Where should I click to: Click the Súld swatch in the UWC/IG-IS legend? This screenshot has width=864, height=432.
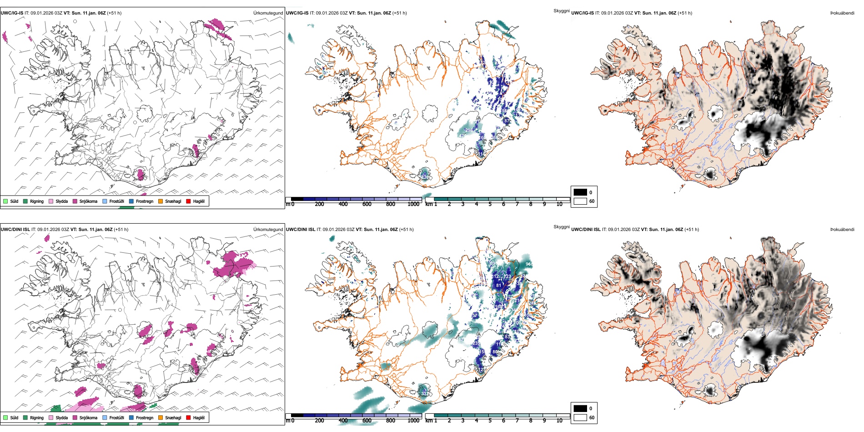(x=5, y=201)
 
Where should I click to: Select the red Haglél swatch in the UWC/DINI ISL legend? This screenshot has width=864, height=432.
(x=188, y=417)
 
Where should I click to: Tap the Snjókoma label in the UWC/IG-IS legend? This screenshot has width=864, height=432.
(x=88, y=201)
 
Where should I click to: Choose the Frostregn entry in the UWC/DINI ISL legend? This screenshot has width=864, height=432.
(x=144, y=417)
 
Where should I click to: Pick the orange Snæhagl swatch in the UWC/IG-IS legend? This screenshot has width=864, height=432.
(x=161, y=201)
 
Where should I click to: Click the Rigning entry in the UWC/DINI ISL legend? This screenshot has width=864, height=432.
(x=36, y=417)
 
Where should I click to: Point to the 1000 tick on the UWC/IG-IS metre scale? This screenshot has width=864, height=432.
(x=413, y=204)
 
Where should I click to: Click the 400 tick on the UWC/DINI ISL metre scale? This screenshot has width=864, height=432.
(x=343, y=421)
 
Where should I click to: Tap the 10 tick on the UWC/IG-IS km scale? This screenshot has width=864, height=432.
(x=559, y=204)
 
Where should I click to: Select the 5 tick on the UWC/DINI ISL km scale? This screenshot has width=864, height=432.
(x=490, y=421)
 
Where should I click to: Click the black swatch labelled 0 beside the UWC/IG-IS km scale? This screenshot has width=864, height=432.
(x=580, y=192)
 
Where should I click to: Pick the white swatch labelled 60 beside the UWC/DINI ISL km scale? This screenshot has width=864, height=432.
(x=580, y=417)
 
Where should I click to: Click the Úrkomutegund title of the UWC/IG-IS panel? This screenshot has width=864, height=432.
(x=268, y=13)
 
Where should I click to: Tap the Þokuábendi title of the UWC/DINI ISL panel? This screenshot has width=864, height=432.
(x=842, y=230)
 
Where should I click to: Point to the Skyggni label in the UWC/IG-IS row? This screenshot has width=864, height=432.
(x=561, y=10)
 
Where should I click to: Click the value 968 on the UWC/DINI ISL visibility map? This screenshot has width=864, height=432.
(x=529, y=264)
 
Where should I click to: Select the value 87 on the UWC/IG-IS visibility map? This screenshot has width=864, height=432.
(x=507, y=121)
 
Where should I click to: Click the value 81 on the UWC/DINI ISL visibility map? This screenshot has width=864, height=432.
(x=499, y=286)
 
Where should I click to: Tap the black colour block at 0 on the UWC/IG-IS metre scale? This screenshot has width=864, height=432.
(x=297, y=199)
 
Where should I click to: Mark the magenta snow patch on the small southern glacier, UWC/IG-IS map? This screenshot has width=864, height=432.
(x=141, y=175)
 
